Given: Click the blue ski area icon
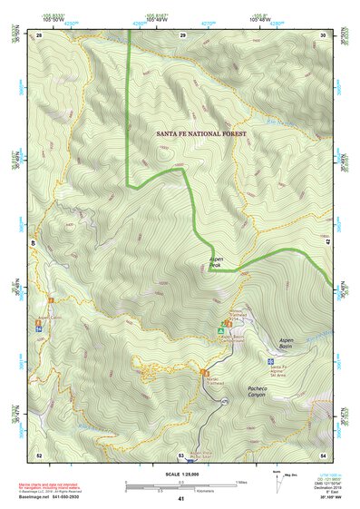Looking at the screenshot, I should click(x=271, y=361).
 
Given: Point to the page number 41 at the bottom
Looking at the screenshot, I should click(x=181, y=499).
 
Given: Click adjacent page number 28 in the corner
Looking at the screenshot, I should click(x=39, y=34).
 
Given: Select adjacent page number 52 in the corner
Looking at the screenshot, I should click(x=39, y=454).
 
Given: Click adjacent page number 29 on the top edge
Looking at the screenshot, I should click(x=182, y=34).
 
